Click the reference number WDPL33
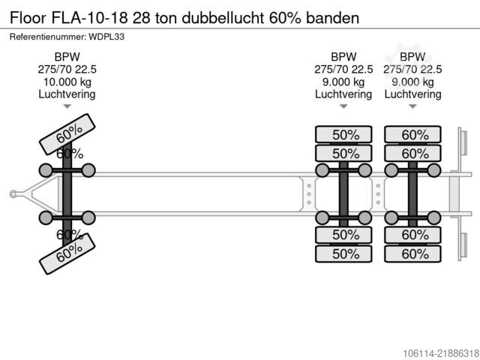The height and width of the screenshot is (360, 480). tap(106, 37)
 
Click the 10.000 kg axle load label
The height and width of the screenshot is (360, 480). tap(67, 82)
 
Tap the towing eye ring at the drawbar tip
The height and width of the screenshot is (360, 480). tap(13, 194)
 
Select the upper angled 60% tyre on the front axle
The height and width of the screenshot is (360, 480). tap(67, 134)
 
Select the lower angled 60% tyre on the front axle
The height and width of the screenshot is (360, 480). tap(67, 253)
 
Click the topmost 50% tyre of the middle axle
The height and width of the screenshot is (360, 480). tap(343, 134)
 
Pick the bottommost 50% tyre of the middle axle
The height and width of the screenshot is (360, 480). tap(343, 253)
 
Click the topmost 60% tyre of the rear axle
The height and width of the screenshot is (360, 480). tap(412, 134)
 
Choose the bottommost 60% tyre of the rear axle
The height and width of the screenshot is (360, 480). tap(412, 253)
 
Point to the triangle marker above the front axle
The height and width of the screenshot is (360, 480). tap(67, 106)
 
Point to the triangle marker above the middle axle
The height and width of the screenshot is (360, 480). tap(343, 106)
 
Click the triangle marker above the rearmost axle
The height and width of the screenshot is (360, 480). tap(412, 106)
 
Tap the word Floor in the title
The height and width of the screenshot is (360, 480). tap(28, 18)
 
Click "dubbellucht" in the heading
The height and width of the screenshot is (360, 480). tap(223, 18)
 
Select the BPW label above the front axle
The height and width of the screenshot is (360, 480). tap(67, 57)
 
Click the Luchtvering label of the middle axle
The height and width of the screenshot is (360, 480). tap(343, 94)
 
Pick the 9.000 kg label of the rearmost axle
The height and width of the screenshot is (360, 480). tap(412, 82)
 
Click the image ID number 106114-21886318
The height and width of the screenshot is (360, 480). tap(441, 353)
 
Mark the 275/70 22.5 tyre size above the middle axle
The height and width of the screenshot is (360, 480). tap(343, 70)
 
